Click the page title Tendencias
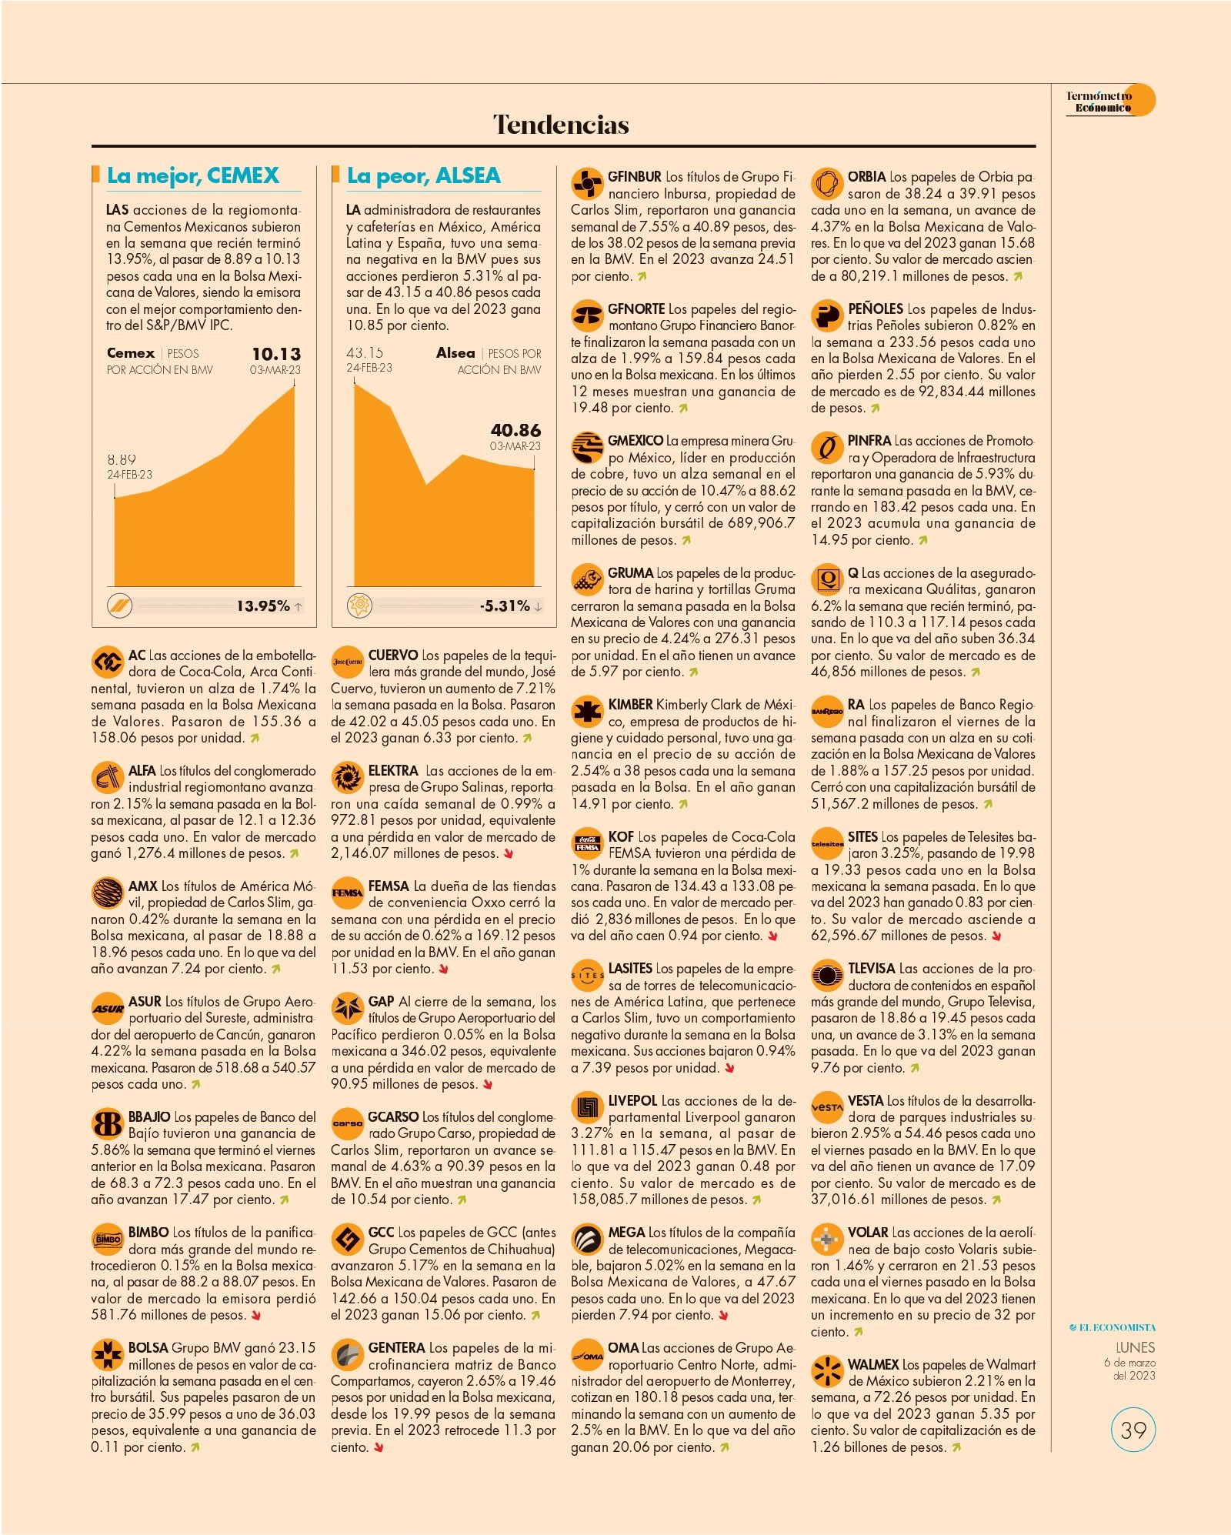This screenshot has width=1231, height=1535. pyautogui.click(x=561, y=125)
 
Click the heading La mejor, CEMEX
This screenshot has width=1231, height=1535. pyautogui.click(x=193, y=175)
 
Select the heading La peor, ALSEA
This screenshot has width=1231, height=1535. pyautogui.click(x=424, y=175)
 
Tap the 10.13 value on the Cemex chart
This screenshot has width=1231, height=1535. pyautogui.click(x=276, y=354)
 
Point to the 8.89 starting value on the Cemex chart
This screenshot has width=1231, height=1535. pyautogui.click(x=122, y=459)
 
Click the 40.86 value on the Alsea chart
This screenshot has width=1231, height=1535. pyautogui.click(x=515, y=430)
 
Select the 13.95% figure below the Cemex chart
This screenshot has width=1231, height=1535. pyautogui.click(x=263, y=606)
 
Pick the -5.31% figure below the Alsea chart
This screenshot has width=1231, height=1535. pyautogui.click(x=505, y=606)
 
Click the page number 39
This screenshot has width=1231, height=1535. pyautogui.click(x=1133, y=1430)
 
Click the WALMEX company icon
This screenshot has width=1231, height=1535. pyautogui.click(x=827, y=1370)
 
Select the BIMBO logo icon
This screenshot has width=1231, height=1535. pyautogui.click(x=107, y=1239)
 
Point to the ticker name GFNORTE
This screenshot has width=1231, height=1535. pyautogui.click(x=636, y=309)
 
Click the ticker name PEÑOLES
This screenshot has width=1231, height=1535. pyautogui.click(x=876, y=309)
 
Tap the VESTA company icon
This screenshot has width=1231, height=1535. pyautogui.click(x=827, y=1106)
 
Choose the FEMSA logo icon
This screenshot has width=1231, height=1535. pyautogui.click(x=347, y=893)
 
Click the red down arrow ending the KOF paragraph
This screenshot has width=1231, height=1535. pyautogui.click(x=773, y=936)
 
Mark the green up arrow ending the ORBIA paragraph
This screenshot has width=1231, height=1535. pyautogui.click(x=1018, y=276)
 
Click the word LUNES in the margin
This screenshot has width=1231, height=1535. pyautogui.click(x=1136, y=1347)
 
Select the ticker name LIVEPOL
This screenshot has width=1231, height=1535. pyautogui.click(x=632, y=1100)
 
